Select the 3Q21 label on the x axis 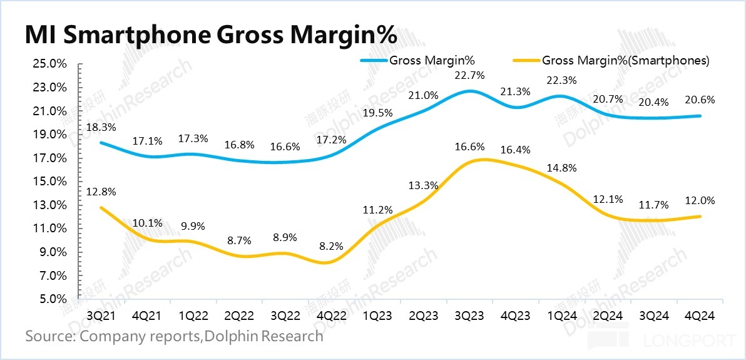[100, 311]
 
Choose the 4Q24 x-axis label [700, 311]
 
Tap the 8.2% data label [331, 246]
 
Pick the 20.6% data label [700, 100]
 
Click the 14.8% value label [561, 168]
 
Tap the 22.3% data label [561, 80]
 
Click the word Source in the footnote [49, 336]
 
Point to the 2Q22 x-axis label [238, 311]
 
